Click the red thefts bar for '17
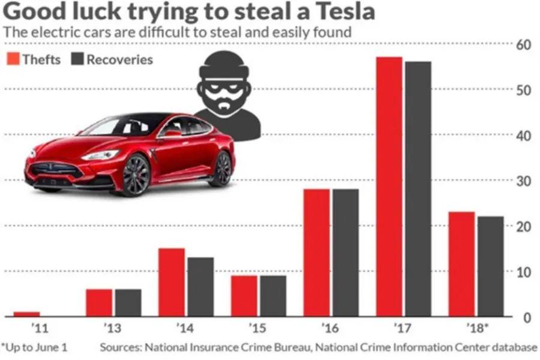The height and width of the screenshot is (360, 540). tap(389, 187)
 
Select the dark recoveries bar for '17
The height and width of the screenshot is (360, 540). tap(418, 189)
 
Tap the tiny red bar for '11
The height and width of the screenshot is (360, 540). tap(26, 314)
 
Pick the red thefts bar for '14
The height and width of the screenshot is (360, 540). tap(172, 282)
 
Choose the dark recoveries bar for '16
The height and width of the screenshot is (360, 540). tap(346, 253)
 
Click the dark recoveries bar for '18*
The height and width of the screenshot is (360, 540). tap(491, 266)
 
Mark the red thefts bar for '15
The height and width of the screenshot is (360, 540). tap(244, 296)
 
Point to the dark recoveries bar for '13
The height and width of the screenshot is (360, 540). tap(128, 302)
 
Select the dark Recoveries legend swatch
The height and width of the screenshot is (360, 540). tap(77, 59)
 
